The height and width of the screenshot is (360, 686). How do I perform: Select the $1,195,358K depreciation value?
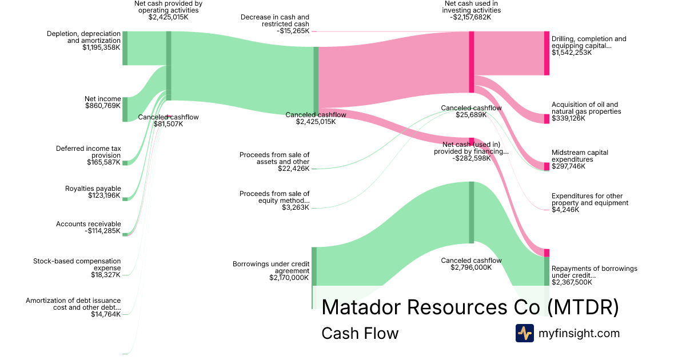[101, 47]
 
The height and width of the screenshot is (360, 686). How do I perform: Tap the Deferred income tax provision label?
[88, 152]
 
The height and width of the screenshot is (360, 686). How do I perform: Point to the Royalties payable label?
[93, 188]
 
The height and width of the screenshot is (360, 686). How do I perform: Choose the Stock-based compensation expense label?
[77, 265]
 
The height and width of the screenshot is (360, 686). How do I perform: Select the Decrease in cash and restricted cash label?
[275, 21]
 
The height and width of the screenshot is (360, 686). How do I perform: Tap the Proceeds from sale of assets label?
[274, 158]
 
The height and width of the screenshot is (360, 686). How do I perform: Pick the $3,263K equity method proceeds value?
[296, 207]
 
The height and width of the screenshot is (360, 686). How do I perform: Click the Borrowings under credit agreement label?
[271, 267]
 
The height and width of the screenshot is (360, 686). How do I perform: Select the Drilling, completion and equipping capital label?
[589, 42]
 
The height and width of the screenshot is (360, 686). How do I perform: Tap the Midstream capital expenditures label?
[580, 156]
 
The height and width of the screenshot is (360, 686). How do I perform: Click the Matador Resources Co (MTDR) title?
[470, 307]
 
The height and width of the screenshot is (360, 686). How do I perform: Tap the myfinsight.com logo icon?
[524, 333]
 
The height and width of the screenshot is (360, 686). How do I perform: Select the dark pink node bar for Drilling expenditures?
[547, 53]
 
